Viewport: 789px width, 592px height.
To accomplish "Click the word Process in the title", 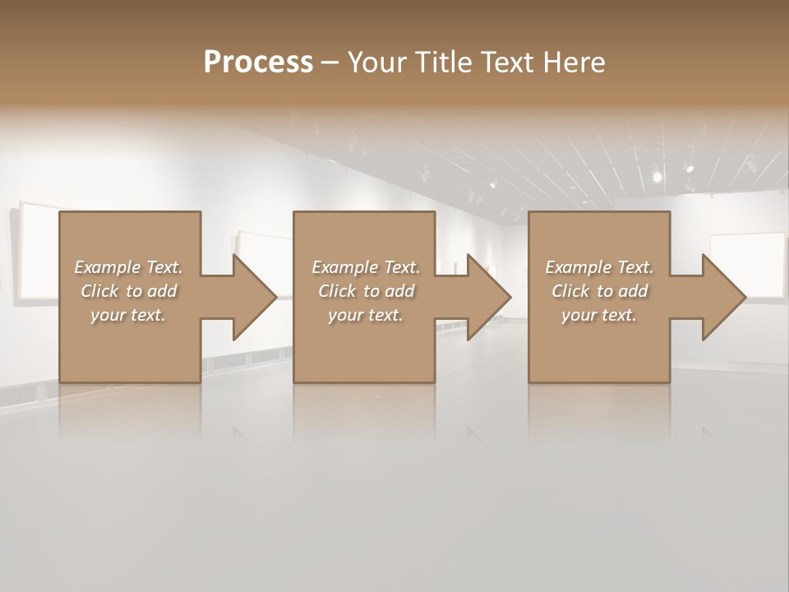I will coord(258,62).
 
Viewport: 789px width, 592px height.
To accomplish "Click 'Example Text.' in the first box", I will coord(128,267).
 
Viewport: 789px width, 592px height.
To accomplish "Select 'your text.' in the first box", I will coord(128,315).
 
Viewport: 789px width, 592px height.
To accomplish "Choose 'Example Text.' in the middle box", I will coord(366,267).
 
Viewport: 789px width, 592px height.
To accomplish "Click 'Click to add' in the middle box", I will coord(366,291).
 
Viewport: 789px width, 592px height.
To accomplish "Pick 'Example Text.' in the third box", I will coord(599,267).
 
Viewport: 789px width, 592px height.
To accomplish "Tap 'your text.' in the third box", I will coord(599,315).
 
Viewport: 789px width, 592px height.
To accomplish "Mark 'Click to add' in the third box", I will coord(599,291).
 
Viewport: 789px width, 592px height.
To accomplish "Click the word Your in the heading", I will coord(376,62).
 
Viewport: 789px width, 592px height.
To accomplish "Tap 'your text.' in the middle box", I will coord(366,315).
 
